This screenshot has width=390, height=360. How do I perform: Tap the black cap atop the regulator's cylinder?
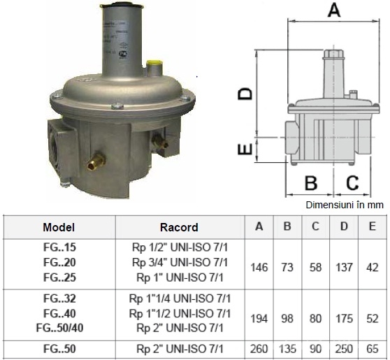[122, 4]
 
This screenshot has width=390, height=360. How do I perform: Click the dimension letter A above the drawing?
[334, 10]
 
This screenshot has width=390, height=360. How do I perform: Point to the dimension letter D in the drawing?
[245, 94]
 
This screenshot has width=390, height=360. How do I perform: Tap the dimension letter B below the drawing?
[311, 183]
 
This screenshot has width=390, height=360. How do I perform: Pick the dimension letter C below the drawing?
[352, 183]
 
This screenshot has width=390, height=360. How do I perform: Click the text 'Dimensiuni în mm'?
[345, 205]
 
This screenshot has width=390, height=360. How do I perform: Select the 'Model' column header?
[59, 227]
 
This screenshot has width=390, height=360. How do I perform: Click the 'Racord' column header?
[179, 227]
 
